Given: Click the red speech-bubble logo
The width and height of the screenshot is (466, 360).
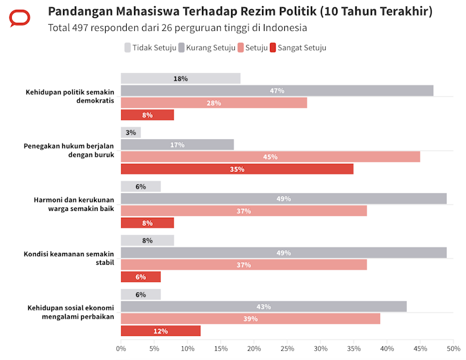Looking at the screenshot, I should (20, 19).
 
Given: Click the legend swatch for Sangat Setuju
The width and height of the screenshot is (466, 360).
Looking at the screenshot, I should (274, 48).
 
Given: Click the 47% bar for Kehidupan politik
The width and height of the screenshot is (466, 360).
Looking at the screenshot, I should (277, 91).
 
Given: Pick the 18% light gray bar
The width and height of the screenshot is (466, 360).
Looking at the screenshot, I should (180, 79).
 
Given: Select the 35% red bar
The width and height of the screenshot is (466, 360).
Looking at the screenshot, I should (237, 169).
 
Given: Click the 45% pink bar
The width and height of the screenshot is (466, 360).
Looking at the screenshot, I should (270, 157).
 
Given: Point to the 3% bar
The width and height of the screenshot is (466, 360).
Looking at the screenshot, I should (131, 132).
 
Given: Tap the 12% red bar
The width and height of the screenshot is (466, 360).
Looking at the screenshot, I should (161, 331).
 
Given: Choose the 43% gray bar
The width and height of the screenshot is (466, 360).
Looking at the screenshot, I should (264, 307).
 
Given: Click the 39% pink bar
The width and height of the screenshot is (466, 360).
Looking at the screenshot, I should (250, 319).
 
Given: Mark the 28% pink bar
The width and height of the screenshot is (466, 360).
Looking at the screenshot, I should (214, 103).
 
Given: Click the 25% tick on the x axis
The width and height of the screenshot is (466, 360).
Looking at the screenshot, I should (287, 349).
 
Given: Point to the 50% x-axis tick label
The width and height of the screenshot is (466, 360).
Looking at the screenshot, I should (452, 349).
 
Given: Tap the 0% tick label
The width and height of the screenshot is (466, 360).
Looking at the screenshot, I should (121, 349).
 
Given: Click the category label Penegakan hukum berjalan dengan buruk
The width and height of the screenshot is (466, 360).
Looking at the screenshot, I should (69, 150).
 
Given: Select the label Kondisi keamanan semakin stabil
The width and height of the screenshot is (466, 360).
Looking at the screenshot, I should (69, 258).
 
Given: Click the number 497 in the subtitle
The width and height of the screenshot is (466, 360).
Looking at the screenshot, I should (84, 28).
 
